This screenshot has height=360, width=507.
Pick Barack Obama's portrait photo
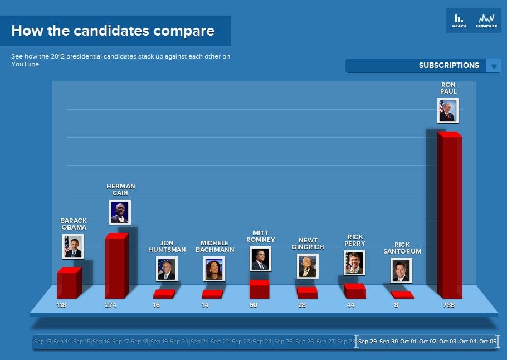pyautogui.click(x=73, y=246)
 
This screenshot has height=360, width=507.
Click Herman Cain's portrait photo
pyautogui.click(x=120, y=212)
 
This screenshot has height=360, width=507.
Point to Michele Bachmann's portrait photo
pyautogui.click(x=214, y=269)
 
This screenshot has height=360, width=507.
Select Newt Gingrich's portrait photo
pyautogui.click(x=308, y=266)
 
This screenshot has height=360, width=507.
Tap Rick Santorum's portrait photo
pyautogui.click(x=401, y=270)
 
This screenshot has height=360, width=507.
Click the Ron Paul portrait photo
pyautogui.click(x=448, y=110)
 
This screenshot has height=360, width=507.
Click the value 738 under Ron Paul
pyautogui.click(x=448, y=305)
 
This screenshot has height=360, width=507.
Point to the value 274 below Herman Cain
pyautogui.click(x=111, y=305)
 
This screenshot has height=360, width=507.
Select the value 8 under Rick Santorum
pyautogui.click(x=396, y=305)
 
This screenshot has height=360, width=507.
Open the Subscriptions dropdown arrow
pyautogui.click(x=494, y=66)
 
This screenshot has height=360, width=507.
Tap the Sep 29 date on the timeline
pyautogui.click(x=367, y=342)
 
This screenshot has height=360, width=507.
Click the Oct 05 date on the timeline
pyautogui.click(x=487, y=342)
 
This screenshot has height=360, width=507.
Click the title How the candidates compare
pyautogui.click(x=113, y=31)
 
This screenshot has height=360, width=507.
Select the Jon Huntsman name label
pyautogui.click(x=167, y=246)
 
